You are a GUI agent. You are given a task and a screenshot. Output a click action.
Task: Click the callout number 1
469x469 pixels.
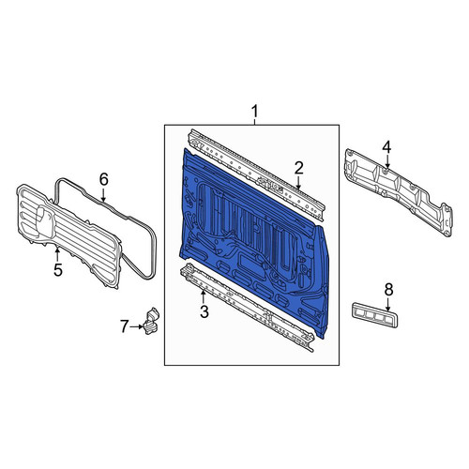(x=255, y=112)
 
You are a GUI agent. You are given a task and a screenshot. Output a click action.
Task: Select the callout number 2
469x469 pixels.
(x=299, y=168)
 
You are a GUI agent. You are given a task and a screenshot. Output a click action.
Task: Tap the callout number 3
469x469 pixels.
(x=204, y=311)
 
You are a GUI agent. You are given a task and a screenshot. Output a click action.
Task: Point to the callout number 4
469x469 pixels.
(x=386, y=147)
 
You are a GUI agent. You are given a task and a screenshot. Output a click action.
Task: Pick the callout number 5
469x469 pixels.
(x=58, y=270)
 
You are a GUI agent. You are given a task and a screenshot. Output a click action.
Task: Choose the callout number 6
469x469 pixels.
(x=103, y=179)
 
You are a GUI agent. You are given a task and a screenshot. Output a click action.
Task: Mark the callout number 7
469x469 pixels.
(x=125, y=326)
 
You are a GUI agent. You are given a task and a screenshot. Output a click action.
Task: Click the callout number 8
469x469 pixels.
(x=388, y=290)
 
